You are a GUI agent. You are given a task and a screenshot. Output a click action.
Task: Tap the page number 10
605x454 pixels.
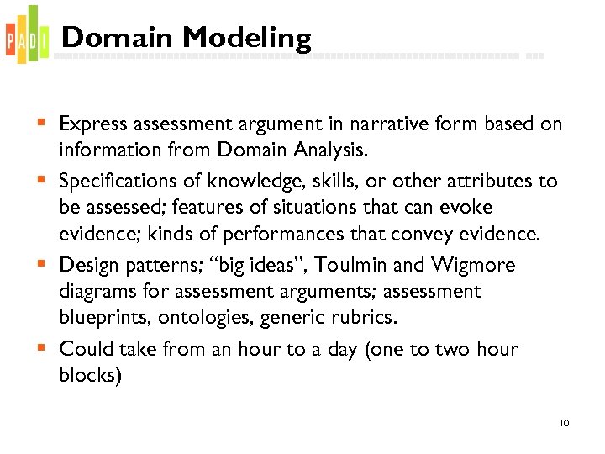point(564,423)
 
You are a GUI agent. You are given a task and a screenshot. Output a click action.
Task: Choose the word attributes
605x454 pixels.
point(490,182)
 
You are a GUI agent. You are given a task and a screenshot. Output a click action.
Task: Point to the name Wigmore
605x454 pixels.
point(475,265)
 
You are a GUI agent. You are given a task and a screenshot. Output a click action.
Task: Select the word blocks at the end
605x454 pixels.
point(90,375)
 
